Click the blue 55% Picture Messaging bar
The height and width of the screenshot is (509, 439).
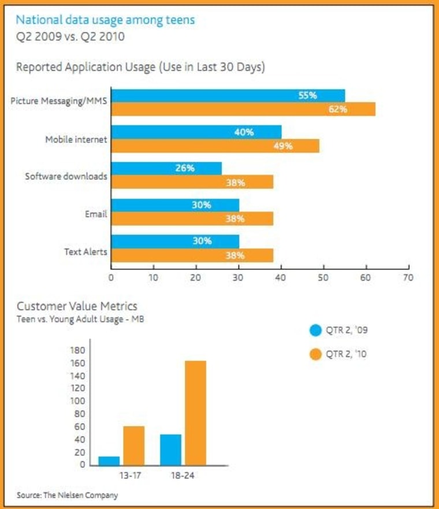click(228, 95)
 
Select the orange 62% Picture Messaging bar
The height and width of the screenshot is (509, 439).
click(243, 109)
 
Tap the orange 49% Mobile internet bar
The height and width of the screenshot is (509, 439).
click(215, 146)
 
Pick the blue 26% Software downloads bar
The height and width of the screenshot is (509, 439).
click(166, 168)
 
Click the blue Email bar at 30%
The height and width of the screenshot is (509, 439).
click(175, 205)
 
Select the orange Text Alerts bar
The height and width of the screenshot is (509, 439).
click(192, 255)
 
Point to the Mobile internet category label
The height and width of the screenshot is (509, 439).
click(76, 140)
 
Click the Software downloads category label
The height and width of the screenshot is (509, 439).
click(66, 176)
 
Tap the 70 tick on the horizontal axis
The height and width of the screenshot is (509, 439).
click(408, 277)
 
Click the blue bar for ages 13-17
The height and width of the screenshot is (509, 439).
click(109, 460)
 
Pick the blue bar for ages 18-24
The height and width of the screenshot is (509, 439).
click(170, 449)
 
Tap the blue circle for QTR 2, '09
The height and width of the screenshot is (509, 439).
click(315, 330)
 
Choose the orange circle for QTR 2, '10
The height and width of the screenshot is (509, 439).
click(315, 354)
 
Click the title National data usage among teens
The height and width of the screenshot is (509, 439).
click(105, 20)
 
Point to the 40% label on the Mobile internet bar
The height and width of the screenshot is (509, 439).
click(244, 132)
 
